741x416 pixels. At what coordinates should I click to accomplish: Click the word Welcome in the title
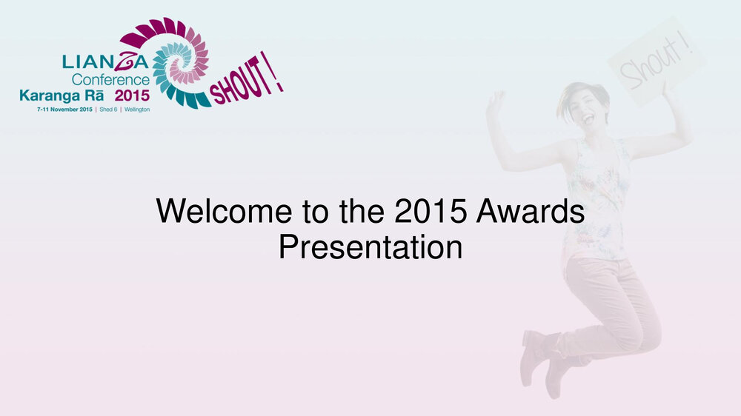click(x=224, y=211)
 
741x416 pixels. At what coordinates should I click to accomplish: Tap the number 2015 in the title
click(x=431, y=211)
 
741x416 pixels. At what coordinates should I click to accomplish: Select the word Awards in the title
click(x=531, y=211)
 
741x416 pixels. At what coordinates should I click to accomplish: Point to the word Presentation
click(x=370, y=247)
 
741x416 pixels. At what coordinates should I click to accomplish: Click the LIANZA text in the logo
click(x=105, y=61)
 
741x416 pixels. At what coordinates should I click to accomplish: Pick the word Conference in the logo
click(x=110, y=80)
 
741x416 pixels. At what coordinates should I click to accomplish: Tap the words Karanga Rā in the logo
click(x=62, y=95)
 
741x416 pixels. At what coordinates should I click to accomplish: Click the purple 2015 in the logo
click(x=133, y=95)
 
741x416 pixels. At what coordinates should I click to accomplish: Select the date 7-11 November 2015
click(x=64, y=110)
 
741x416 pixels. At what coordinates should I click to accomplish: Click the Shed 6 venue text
click(x=108, y=110)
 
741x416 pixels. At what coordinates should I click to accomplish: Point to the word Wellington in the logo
click(x=137, y=110)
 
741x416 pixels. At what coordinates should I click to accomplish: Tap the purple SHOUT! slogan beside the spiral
click(x=246, y=79)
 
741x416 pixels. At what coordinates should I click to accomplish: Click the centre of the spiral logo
click(x=181, y=63)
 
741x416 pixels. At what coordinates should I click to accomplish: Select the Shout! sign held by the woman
click(x=656, y=61)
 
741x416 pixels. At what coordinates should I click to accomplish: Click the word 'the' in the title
click(x=361, y=211)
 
